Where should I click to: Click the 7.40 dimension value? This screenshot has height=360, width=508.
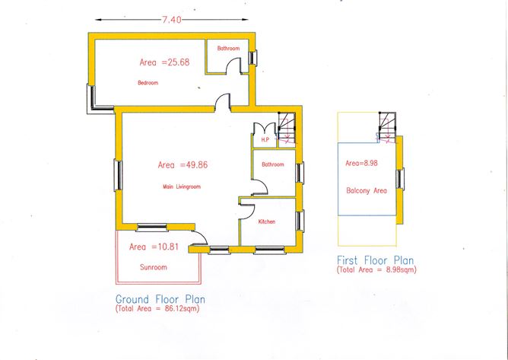171,20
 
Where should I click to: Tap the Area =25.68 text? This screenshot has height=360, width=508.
164,62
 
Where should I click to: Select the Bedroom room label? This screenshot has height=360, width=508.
148,83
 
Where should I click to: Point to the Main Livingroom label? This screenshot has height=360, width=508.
182,186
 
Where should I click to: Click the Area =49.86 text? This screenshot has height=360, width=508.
183,164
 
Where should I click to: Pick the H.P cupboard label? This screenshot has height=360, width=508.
265,140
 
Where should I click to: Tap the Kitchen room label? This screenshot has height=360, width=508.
267,221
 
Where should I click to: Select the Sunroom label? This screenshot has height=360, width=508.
154,267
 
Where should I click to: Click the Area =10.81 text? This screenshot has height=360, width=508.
154,247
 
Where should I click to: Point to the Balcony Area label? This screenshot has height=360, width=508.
367,191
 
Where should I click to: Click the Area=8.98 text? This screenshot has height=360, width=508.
361,163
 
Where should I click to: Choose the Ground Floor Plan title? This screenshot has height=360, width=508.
160,299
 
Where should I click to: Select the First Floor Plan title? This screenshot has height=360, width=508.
376,260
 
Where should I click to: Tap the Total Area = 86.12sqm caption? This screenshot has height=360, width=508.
157,308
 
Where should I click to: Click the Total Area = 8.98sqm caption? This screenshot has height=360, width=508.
376,269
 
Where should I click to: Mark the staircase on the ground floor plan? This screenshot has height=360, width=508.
287,128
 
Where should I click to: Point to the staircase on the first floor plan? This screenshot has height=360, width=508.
387,127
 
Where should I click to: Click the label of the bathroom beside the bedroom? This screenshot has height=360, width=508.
228,48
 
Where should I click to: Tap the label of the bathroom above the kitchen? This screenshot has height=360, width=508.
273,164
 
